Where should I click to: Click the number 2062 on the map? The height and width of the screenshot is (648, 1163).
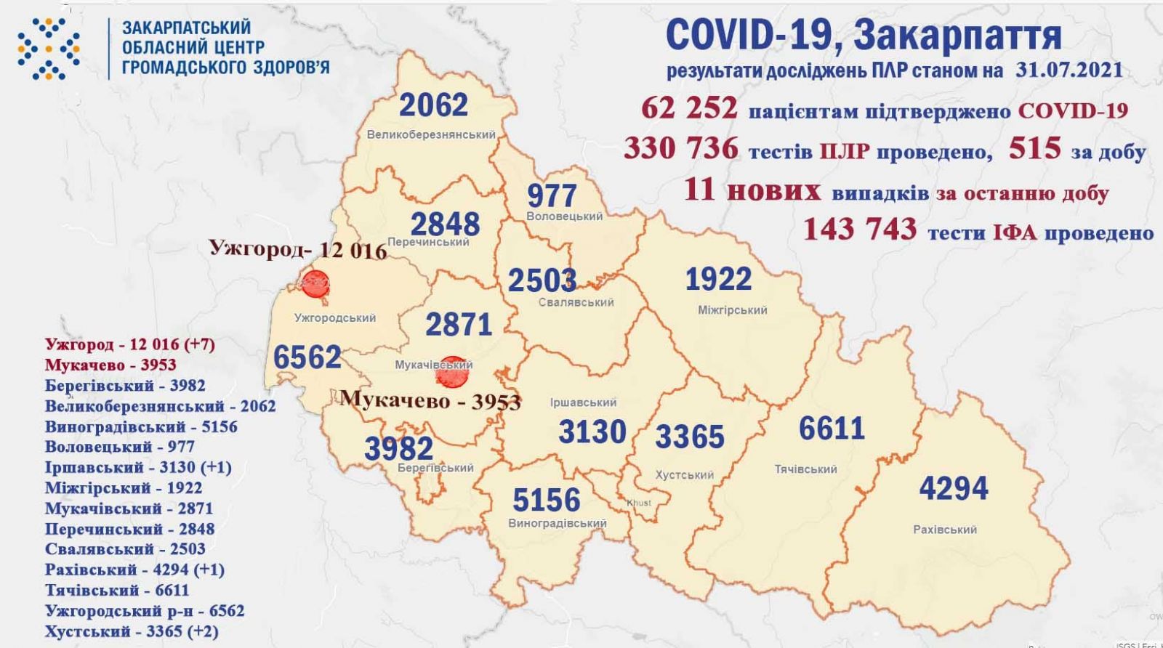tap(434, 105)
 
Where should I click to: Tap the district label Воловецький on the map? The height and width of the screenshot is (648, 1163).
tap(564, 216)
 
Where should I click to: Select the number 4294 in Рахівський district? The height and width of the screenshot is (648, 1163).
tap(953, 487)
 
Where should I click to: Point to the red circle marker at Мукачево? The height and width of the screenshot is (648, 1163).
tap(451, 371)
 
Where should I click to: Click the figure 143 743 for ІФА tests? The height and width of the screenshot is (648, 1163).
tap(860, 230)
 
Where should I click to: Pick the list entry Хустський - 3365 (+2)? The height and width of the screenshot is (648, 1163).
tap(131, 631)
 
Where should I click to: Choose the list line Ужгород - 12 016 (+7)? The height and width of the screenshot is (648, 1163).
tap(129, 344)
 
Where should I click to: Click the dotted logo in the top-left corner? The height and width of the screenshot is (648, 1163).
tap(49, 48)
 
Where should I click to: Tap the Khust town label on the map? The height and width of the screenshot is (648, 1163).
tap(639, 503)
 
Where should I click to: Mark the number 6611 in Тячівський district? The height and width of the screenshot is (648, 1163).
tap(831, 429)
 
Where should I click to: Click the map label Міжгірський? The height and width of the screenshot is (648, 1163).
tap(732, 310)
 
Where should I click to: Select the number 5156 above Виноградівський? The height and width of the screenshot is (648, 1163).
tap(546, 500)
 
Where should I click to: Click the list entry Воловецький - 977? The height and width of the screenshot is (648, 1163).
tap(119, 447)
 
